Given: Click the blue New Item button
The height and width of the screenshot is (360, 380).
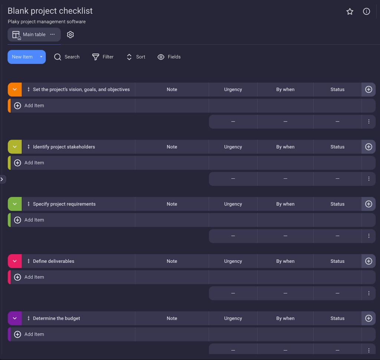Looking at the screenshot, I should tap(22, 57).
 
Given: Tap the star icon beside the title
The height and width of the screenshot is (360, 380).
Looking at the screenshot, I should tap(350, 12).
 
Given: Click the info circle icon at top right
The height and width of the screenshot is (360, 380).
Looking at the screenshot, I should tap(366, 12).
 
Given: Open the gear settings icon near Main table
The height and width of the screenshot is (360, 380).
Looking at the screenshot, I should tap(70, 35).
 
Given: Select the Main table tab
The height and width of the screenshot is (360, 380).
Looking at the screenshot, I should tap(34, 35).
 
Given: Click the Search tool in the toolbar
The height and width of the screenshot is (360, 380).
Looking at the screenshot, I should tap(67, 57).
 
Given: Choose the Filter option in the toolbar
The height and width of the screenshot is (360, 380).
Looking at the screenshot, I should tap(103, 57).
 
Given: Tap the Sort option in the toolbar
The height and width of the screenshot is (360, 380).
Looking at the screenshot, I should tap(136, 57).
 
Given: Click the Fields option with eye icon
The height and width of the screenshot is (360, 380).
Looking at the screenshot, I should tap(169, 57).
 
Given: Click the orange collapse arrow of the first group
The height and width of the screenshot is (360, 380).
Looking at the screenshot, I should tap(15, 90).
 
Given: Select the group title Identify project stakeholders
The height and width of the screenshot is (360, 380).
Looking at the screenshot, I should tap(64, 147).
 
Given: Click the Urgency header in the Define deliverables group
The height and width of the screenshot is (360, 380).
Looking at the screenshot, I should tap(233, 261).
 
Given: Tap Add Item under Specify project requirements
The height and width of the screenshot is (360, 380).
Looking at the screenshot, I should tap(34, 220).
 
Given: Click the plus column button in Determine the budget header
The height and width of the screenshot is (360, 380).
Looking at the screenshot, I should tap(368, 318).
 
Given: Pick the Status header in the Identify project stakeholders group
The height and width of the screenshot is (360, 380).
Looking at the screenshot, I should tap(337, 147).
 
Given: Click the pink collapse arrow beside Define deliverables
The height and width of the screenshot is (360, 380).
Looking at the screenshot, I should tap(15, 261).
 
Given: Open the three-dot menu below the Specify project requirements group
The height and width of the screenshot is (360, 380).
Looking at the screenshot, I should tap(368, 236).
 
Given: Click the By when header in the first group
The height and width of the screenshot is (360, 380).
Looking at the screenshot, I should tap(285, 90).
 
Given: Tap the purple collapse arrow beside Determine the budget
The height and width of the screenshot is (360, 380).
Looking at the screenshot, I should tap(15, 318).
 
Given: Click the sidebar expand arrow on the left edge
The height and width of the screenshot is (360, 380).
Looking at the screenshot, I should tap(2, 179).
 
